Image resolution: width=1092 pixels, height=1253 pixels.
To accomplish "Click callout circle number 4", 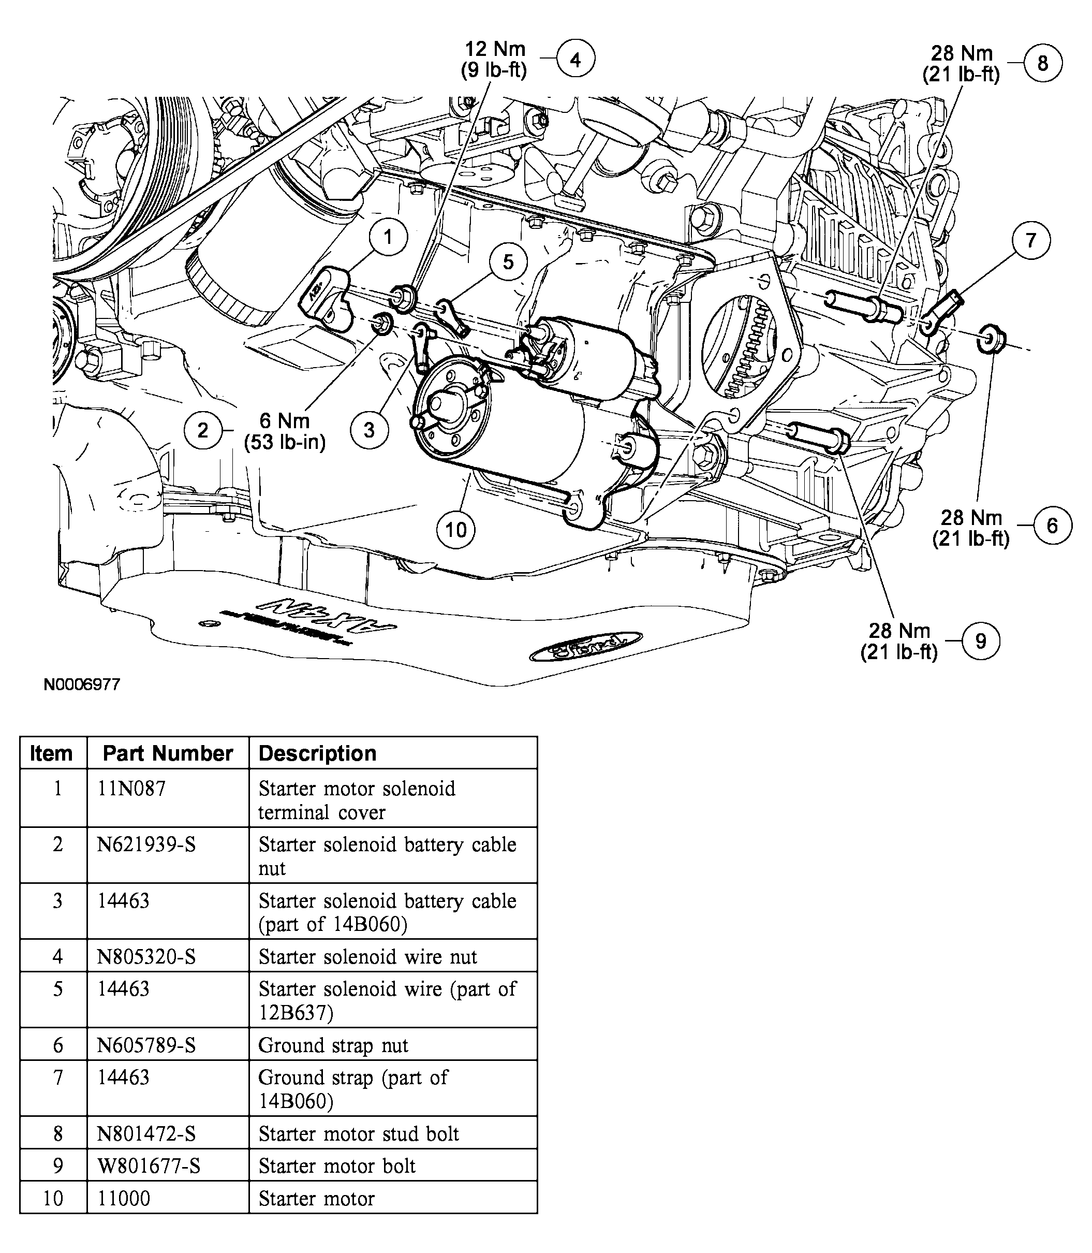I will [x=575, y=59].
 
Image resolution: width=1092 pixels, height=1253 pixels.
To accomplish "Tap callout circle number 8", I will [x=1043, y=63].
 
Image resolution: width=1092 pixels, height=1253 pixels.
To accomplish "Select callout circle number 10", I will [x=456, y=529].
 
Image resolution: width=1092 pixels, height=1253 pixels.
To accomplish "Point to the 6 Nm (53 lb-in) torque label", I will [x=285, y=431].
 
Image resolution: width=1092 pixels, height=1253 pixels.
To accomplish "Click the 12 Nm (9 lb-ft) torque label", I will [x=494, y=59].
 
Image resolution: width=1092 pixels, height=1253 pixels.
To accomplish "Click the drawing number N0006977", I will [x=82, y=684].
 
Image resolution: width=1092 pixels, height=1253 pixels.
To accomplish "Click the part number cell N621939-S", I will [x=147, y=845].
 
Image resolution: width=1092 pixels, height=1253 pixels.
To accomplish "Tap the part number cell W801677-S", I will [x=149, y=1166].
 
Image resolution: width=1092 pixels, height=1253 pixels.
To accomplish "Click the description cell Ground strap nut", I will [x=333, y=1045].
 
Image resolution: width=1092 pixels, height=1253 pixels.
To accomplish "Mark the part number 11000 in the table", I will [x=124, y=1198].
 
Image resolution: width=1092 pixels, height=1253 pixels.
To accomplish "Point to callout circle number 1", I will [x=388, y=236].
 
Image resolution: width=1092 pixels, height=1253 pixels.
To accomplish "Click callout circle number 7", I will [x=1031, y=240].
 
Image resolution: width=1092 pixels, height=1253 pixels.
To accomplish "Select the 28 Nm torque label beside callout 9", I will [x=899, y=641].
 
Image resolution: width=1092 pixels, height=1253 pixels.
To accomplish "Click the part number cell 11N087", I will [x=131, y=789].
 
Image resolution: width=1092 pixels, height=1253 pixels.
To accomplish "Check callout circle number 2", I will [x=203, y=430].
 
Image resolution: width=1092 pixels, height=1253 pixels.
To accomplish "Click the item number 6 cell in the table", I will [x=57, y=1045].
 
